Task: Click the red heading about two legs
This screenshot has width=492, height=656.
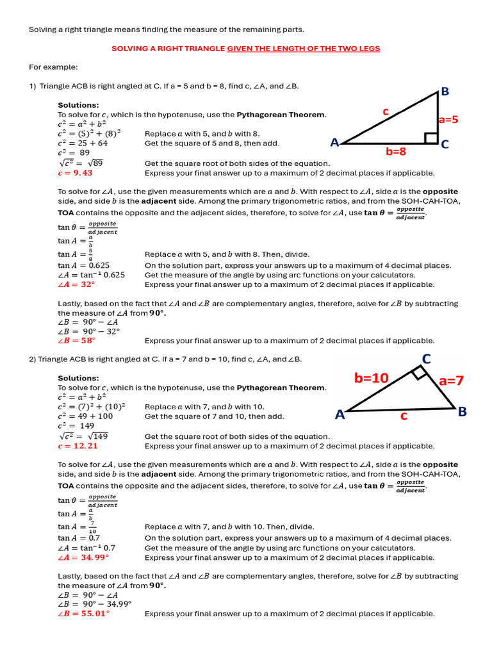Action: pyautogui.click(x=246, y=49)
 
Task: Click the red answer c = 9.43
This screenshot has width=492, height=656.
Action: pyautogui.click(x=75, y=173)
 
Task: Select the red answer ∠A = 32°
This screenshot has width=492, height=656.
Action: pyautogui.click(x=76, y=284)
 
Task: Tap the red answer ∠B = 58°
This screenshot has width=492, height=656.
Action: pyautogui.click(x=76, y=341)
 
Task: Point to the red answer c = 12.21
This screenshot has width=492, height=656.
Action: pyautogui.click(x=78, y=446)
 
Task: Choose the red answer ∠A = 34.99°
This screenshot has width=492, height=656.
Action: pyautogui.click(x=83, y=557)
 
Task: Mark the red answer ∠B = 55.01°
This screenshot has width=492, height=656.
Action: pyautogui.click(x=83, y=613)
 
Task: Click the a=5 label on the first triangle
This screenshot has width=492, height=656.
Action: pyautogui.click(x=448, y=119)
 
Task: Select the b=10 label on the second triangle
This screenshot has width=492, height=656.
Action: pyautogui.click(x=372, y=378)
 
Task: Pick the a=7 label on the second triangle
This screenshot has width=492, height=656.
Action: pyautogui.click(x=451, y=381)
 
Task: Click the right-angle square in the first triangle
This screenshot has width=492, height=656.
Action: pyautogui.click(x=431, y=138)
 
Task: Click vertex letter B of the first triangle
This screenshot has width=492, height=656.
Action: pyautogui.click(x=445, y=92)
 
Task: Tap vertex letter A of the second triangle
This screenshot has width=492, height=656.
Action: pyautogui.click(x=340, y=414)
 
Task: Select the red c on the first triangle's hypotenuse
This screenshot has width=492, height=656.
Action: pyautogui.click(x=386, y=111)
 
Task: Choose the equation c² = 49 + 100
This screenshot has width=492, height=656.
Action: pyautogui.click(x=85, y=416)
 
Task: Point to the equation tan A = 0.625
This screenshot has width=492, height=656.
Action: pyautogui.click(x=83, y=265)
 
